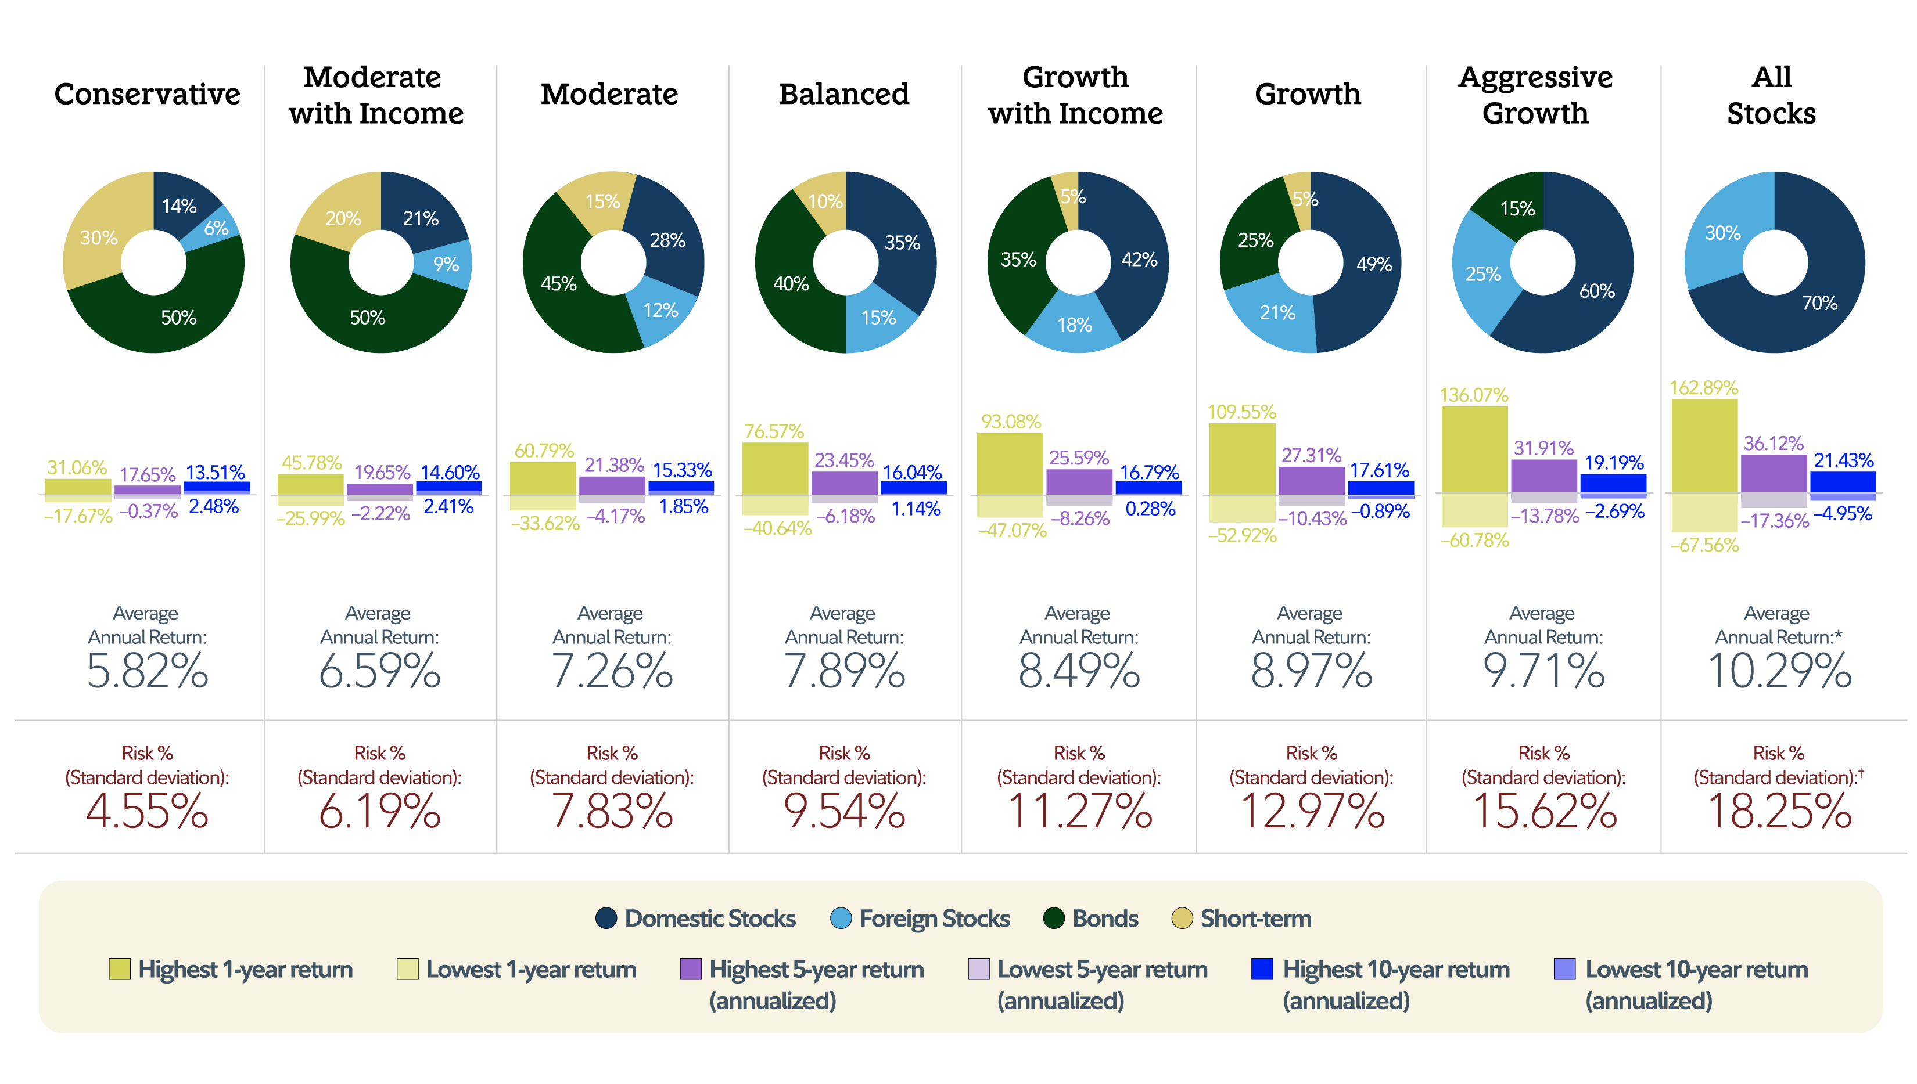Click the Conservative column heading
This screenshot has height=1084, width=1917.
[x=147, y=95]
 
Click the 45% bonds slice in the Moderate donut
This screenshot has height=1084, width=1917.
[x=559, y=284]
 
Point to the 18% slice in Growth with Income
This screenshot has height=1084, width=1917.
[x=1074, y=325]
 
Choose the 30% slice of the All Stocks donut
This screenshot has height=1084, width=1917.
[x=1722, y=233]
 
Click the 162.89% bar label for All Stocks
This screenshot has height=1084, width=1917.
[x=1703, y=388]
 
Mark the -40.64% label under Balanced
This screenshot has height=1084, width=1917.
[x=777, y=528]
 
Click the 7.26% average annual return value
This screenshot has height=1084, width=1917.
[x=612, y=671]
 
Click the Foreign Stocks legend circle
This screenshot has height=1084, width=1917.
[x=840, y=918]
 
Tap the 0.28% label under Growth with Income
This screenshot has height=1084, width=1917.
[x=1149, y=509]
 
